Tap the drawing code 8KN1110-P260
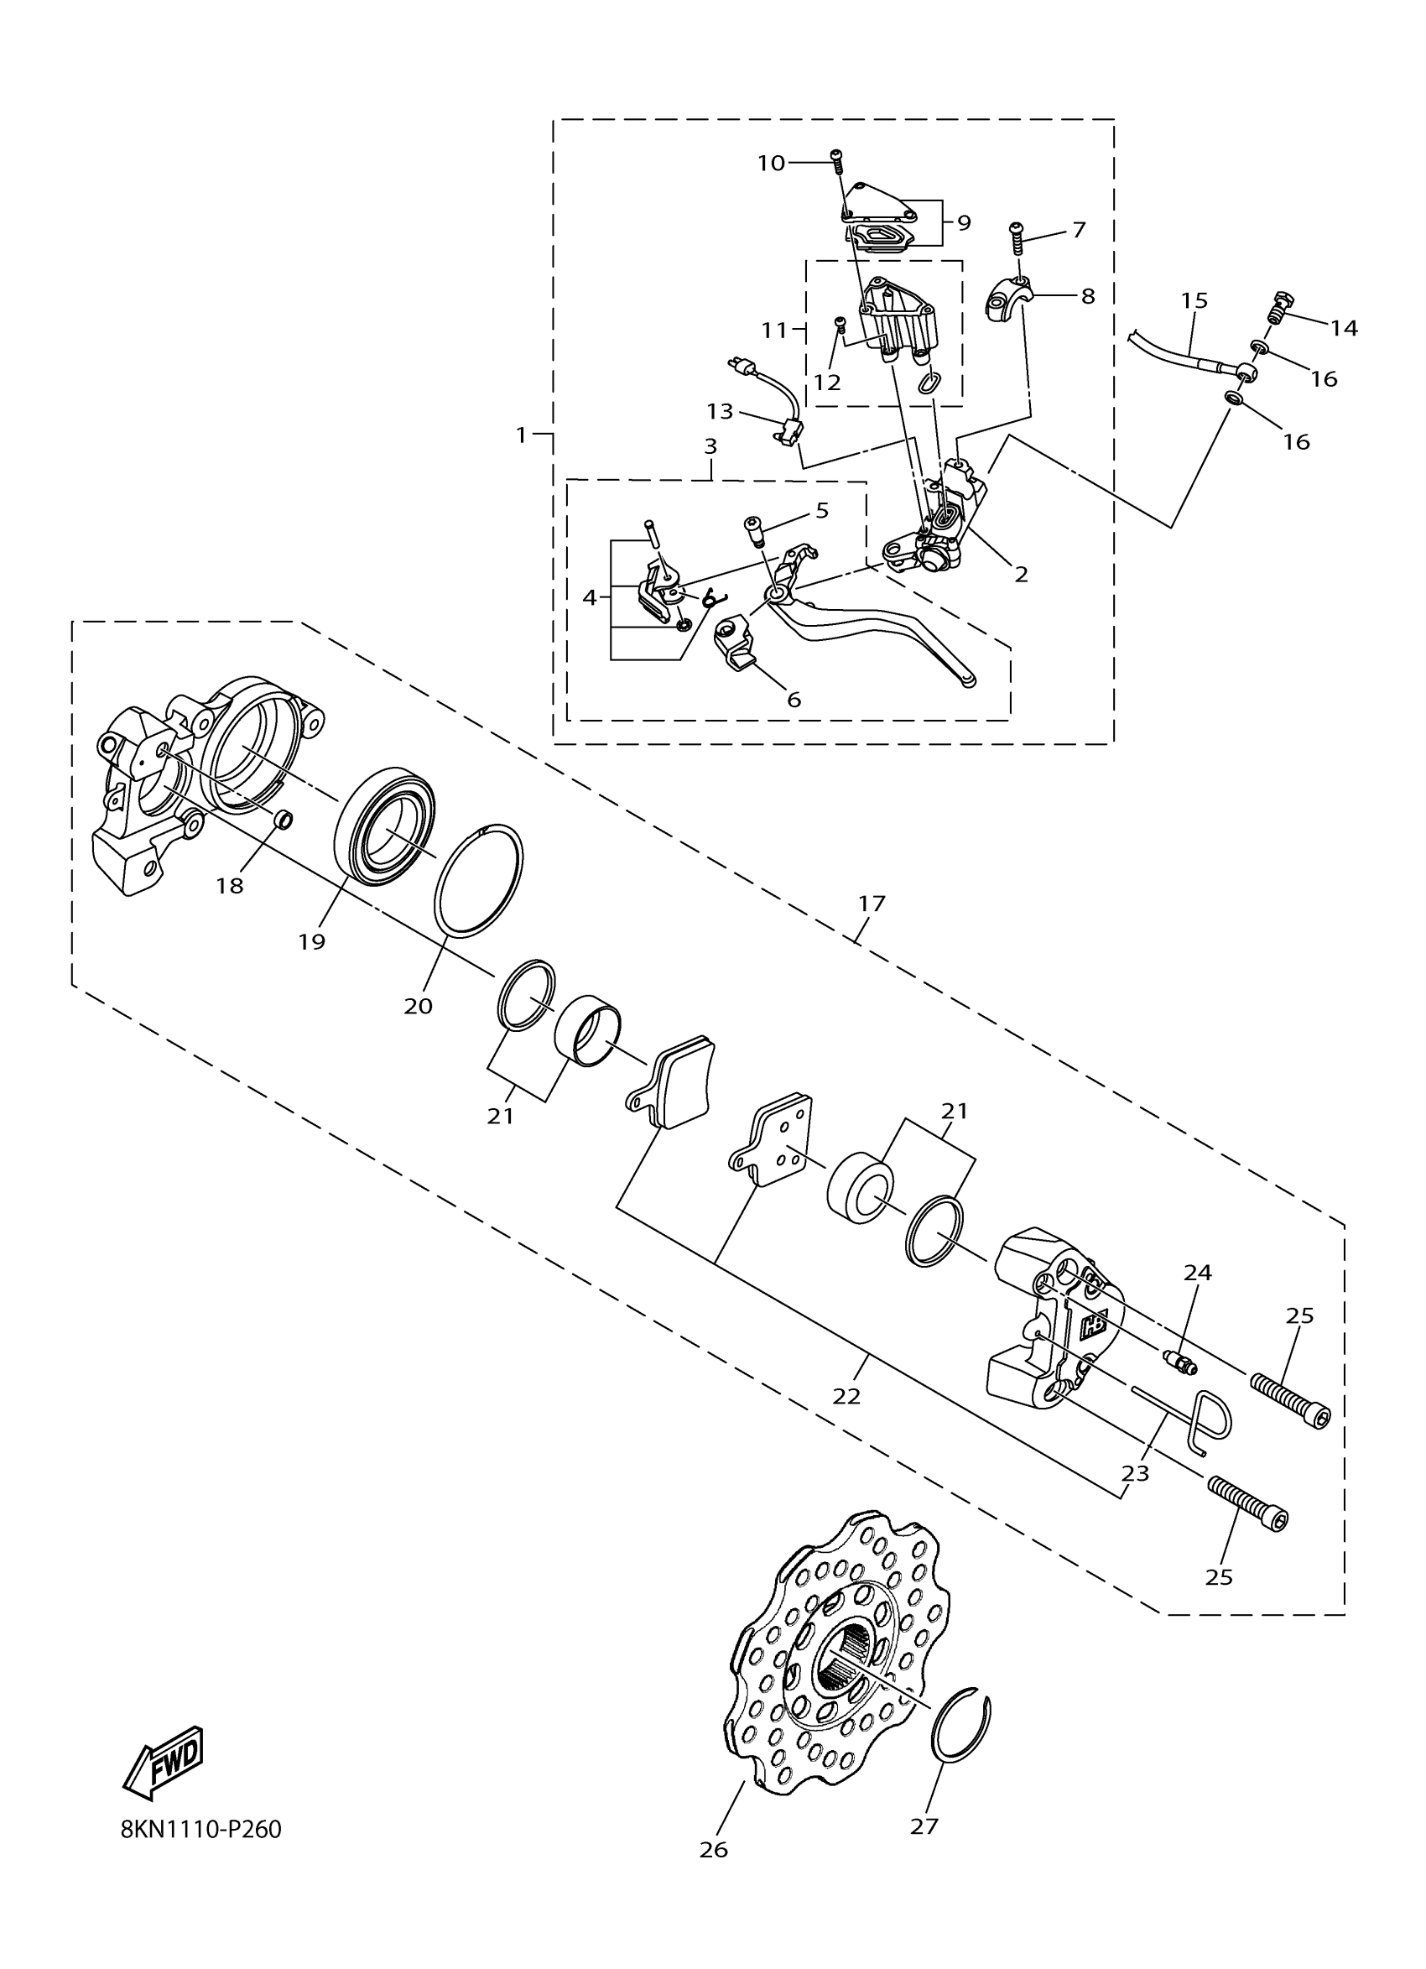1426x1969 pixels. point(201,1830)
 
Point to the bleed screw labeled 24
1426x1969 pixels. point(1179,1364)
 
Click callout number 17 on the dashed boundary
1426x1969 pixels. point(872,903)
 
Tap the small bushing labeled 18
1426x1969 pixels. point(283,819)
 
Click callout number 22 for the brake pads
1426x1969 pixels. point(846,1396)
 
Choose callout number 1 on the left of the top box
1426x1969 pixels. point(521,435)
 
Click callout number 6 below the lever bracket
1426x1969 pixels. point(794,699)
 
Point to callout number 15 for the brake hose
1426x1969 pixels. point(1194,300)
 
